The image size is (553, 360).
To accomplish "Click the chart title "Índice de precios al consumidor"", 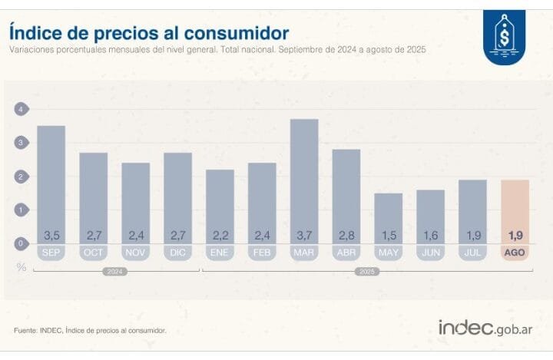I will click(149, 33).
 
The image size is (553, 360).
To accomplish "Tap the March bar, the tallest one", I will click(304, 177).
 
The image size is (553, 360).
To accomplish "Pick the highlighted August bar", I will click(515, 207).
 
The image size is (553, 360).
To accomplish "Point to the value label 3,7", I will click(304, 234).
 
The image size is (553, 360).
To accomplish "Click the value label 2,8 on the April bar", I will click(346, 234).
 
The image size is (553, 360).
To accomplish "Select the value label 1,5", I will click(389, 234).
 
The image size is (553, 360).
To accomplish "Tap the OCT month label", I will click(93, 252).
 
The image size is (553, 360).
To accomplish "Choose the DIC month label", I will click(177, 252).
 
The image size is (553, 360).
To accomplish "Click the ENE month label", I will click(220, 252).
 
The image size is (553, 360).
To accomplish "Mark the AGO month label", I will click(515, 252).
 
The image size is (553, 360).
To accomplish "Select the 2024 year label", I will click(114, 271).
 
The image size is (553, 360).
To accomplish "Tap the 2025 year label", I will click(367, 271).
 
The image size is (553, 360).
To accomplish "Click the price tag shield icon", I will click(505, 36).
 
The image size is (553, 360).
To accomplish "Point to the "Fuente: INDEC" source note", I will click(90, 331).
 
